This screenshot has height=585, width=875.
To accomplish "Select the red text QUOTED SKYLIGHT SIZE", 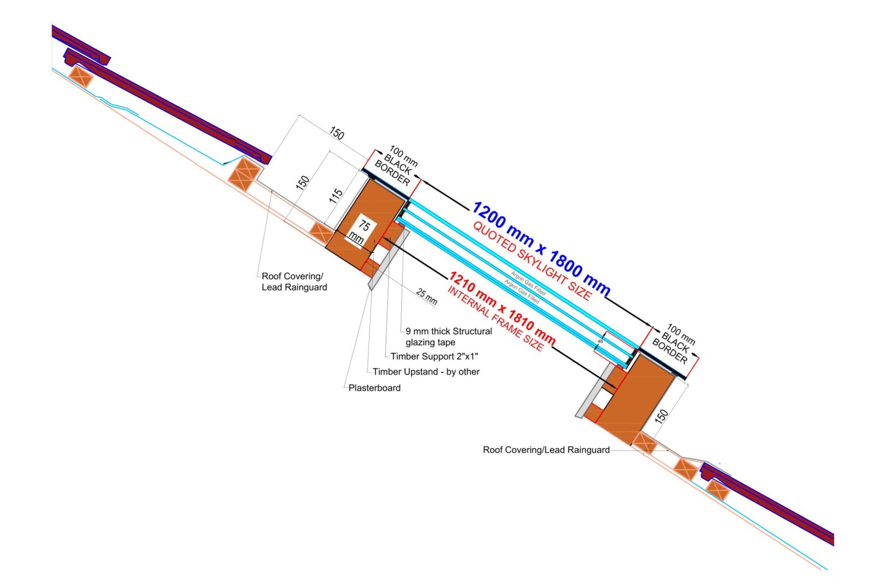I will (x=532, y=262).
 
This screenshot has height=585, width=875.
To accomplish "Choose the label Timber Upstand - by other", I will (x=426, y=372).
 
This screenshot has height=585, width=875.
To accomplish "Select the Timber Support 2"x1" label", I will (x=434, y=356).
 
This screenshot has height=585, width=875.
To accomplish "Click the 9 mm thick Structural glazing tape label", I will (x=448, y=336).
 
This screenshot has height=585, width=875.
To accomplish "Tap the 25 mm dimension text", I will (x=426, y=297).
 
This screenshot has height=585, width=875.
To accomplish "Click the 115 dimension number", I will (x=336, y=196).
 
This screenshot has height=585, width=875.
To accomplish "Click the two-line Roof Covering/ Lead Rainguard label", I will (x=294, y=282).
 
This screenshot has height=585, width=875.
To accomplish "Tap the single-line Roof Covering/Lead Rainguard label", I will (x=546, y=450).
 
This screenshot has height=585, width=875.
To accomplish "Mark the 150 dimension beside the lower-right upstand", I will (x=661, y=416).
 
